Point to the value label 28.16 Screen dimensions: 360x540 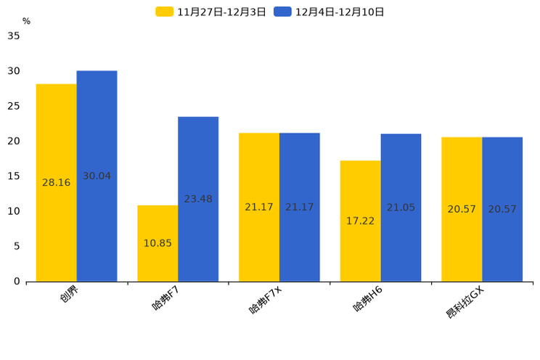tap(56, 183)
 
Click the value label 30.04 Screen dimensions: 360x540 tap(97, 176)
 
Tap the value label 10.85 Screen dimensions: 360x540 tap(157, 243)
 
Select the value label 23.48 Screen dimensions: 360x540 tap(198, 199)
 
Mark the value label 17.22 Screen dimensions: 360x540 tap(360, 221)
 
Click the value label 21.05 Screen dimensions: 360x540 tap(401, 208)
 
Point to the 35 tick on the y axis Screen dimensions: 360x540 tap(14, 36)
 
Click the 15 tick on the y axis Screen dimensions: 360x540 tap(14, 176)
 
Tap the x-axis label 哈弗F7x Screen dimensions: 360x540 tap(264, 300)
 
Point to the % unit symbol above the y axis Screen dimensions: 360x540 tap(26, 22)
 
